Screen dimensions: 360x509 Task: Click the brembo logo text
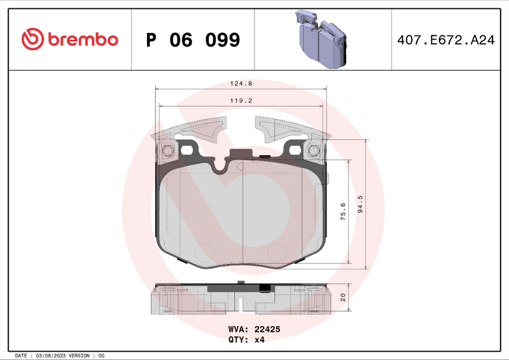[81, 39]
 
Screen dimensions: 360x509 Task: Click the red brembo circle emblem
[32, 39]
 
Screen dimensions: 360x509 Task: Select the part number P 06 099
[193, 40]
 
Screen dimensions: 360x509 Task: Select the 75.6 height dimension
[342, 211]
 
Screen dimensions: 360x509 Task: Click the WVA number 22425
[268, 329]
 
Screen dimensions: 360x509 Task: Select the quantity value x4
[259, 340]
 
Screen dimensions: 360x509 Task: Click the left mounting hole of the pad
[168, 151]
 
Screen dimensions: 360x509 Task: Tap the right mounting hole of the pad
[314, 151]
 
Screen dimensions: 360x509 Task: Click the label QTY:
[239, 340]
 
